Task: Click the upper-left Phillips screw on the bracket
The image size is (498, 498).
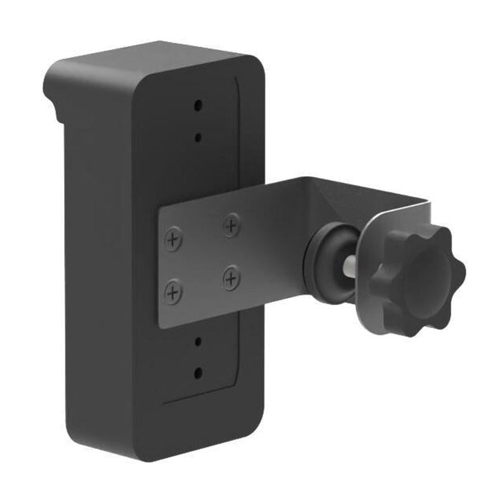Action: (x=173, y=239)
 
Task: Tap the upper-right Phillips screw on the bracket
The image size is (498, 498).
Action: (x=232, y=224)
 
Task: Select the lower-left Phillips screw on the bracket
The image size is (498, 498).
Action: (x=173, y=291)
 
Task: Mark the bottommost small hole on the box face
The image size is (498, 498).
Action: (x=198, y=373)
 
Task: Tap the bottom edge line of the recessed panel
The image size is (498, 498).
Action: (x=199, y=398)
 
